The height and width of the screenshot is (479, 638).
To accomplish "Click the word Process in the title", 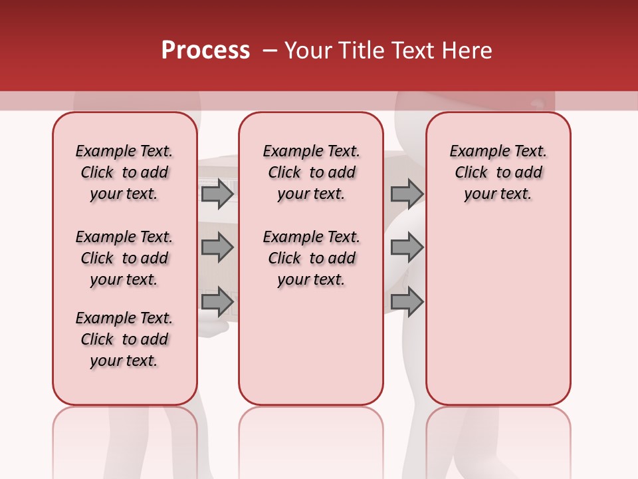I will [205, 51].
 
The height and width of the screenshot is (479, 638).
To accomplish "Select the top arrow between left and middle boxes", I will [217, 194].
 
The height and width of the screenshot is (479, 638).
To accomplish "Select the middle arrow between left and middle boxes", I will [217, 247].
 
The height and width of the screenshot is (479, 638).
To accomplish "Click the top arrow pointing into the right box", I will [407, 194].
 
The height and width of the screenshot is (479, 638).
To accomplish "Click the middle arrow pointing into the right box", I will [407, 247].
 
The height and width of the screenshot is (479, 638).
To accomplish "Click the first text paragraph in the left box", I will [124, 172].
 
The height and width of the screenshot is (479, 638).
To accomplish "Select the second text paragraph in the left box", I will [124, 258].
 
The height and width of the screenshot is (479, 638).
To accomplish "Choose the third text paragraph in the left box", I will [124, 339].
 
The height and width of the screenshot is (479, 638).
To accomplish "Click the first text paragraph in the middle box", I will [311, 172].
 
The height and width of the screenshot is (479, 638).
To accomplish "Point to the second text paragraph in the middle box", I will [311, 258].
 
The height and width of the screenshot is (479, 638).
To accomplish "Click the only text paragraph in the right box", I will [498, 172].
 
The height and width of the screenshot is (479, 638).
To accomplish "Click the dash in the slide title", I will [270, 51].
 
